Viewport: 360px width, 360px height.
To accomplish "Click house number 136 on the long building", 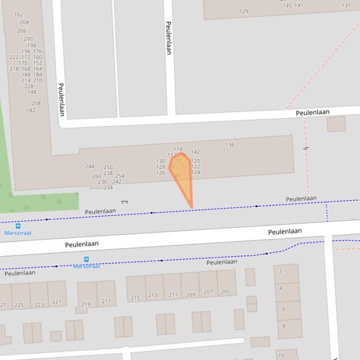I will (230, 145).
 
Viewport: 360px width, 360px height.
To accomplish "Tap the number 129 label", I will (244, 11).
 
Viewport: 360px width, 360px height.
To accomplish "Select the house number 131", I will (346, 6).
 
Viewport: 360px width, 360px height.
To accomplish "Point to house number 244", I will (90, 166).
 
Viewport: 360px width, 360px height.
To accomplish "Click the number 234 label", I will (108, 188).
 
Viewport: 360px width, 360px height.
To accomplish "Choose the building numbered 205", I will (226, 292).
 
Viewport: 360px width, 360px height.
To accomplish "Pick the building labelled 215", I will (135, 298).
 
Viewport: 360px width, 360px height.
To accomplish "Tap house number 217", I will (106, 301).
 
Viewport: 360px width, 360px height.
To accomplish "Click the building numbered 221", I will (57, 302).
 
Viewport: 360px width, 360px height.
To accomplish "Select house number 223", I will (39, 305).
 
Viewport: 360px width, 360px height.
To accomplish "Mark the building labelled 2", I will (281, 271).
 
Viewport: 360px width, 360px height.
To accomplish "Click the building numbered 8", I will (284, 326).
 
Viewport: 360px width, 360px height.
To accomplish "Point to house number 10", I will (281, 355).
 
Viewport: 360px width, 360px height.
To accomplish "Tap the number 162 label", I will (19, 15).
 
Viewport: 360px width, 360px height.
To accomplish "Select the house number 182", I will (31, 110).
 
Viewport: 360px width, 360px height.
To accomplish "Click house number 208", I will (36, 103).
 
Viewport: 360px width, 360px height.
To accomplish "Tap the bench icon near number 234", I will (125, 202).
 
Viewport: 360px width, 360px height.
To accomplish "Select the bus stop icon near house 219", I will (86, 259).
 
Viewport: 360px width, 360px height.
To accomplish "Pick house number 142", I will (196, 152).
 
